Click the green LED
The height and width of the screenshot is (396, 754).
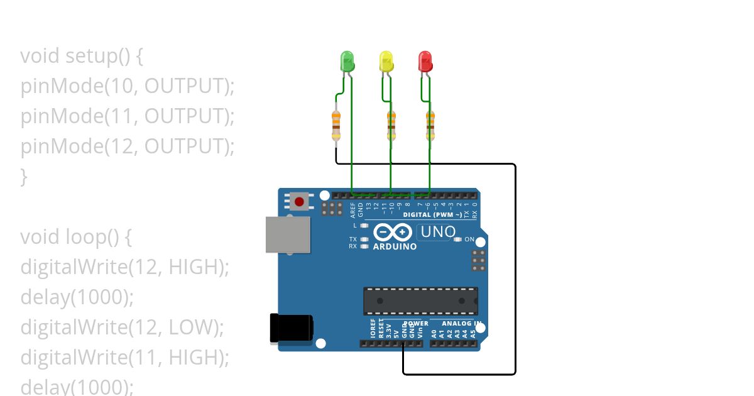click(347, 61)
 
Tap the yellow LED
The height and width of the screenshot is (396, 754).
click(386, 61)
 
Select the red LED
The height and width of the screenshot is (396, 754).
click(425, 61)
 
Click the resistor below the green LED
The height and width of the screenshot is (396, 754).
click(336, 124)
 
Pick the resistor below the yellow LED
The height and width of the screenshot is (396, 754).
click(391, 124)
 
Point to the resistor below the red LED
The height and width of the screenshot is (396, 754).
click(430, 124)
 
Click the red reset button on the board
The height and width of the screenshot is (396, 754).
click(300, 202)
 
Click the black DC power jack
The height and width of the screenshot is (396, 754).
click(291, 328)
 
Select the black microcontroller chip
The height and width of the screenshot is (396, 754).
click(420, 301)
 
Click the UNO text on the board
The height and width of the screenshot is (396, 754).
click(437, 232)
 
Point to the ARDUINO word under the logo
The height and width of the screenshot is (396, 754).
click(395, 247)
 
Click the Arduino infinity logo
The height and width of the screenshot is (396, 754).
click(393, 232)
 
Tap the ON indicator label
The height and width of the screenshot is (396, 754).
click(469, 239)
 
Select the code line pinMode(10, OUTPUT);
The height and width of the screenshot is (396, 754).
click(127, 86)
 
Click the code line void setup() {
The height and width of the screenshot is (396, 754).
click(82, 56)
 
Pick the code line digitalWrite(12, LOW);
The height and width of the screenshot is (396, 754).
click(122, 327)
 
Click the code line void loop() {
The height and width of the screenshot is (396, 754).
click(77, 237)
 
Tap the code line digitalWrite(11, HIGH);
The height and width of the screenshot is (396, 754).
click(124, 358)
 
